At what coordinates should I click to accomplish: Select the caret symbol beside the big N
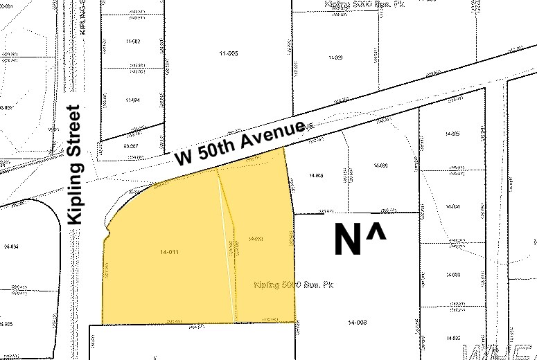376,233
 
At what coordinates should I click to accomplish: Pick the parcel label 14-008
357,322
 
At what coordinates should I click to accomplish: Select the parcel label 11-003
132,42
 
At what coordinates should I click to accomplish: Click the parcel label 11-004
132,100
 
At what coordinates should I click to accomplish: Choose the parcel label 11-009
336,57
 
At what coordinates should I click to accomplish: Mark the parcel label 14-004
454,207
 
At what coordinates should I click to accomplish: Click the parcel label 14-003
454,275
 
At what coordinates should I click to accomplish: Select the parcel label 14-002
454,337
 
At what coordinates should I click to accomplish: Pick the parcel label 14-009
380,165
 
